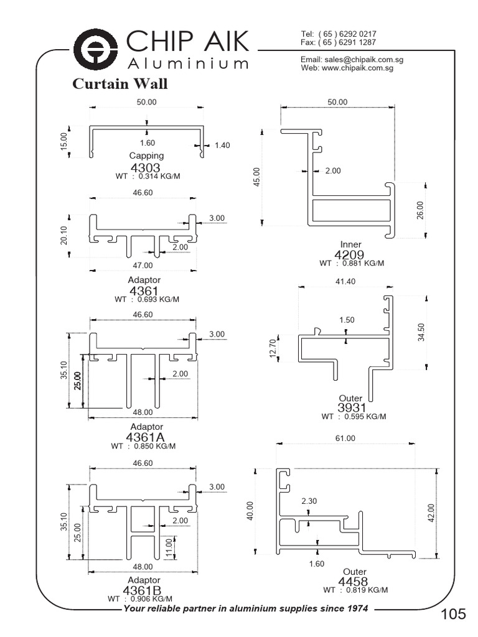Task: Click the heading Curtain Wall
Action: [119, 84]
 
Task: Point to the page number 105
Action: [453, 615]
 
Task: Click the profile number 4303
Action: [146, 168]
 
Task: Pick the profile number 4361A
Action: [146, 437]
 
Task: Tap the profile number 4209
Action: [350, 254]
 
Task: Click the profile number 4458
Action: [354, 582]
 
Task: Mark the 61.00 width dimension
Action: [345, 438]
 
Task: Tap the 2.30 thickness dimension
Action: [309, 501]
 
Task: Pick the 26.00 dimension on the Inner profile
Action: [420, 210]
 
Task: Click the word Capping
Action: [147, 156]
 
